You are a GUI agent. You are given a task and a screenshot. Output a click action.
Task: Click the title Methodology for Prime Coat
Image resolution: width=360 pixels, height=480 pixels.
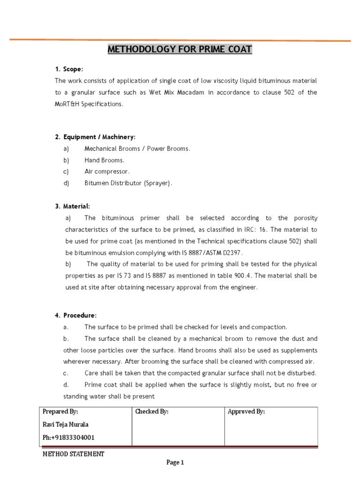(180, 49)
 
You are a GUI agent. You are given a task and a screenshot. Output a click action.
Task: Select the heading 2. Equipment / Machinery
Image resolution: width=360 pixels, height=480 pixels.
(95, 137)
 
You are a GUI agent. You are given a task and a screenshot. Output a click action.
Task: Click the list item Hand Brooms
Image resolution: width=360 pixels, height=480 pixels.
(104, 160)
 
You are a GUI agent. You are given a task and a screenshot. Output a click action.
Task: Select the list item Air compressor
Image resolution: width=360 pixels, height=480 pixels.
(107, 172)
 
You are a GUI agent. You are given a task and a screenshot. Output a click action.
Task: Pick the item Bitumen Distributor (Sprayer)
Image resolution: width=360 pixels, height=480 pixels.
(128, 183)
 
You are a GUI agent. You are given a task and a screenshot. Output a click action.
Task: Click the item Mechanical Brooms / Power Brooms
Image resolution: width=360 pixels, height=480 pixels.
(137, 149)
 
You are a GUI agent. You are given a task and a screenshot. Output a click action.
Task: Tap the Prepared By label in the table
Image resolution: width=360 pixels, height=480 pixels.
(60, 412)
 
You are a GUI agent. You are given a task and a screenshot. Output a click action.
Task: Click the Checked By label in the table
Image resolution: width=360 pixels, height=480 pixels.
(151, 412)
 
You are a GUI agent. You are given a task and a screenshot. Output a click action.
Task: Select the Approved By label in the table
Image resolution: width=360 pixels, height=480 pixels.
(246, 412)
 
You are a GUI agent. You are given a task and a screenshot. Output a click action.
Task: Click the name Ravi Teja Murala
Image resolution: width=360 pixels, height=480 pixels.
(65, 425)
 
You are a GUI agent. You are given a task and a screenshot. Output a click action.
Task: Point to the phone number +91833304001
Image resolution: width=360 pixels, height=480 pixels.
(68, 437)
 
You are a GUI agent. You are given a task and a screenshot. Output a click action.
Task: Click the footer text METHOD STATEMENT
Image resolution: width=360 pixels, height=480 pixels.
(74, 454)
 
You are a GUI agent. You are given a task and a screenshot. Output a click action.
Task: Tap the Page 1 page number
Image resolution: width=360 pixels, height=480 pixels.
(176, 463)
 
